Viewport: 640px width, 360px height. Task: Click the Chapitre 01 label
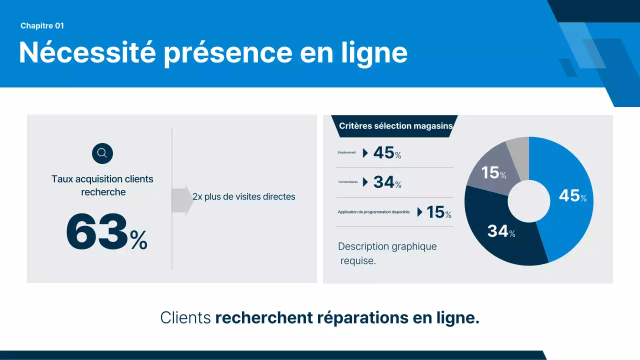[42, 26]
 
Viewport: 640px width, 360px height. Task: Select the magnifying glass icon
[102, 153]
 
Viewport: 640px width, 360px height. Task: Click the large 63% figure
[106, 233]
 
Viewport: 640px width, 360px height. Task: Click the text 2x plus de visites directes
[244, 197]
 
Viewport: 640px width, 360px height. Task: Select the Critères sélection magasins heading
[395, 126]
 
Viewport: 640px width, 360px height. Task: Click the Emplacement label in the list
[347, 152]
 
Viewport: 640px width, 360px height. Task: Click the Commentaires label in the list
[348, 182]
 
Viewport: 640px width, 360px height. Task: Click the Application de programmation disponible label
[373, 212]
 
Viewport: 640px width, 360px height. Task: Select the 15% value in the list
[438, 212]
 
